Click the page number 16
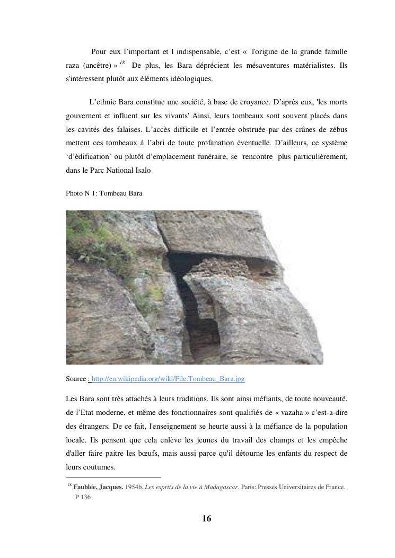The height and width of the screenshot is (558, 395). pyautogui.click(x=207, y=518)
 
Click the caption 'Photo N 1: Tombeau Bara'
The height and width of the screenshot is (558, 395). pyautogui.click(x=104, y=193)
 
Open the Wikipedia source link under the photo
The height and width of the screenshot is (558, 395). pyautogui.click(x=168, y=379)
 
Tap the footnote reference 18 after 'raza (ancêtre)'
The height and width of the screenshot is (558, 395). pyautogui.click(x=122, y=63)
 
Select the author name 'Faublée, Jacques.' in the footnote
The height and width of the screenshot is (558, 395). pyautogui.click(x=98, y=486)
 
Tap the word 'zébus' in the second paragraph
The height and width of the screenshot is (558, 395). pyautogui.click(x=336, y=129)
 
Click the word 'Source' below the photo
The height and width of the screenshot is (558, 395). pyautogui.click(x=75, y=379)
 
